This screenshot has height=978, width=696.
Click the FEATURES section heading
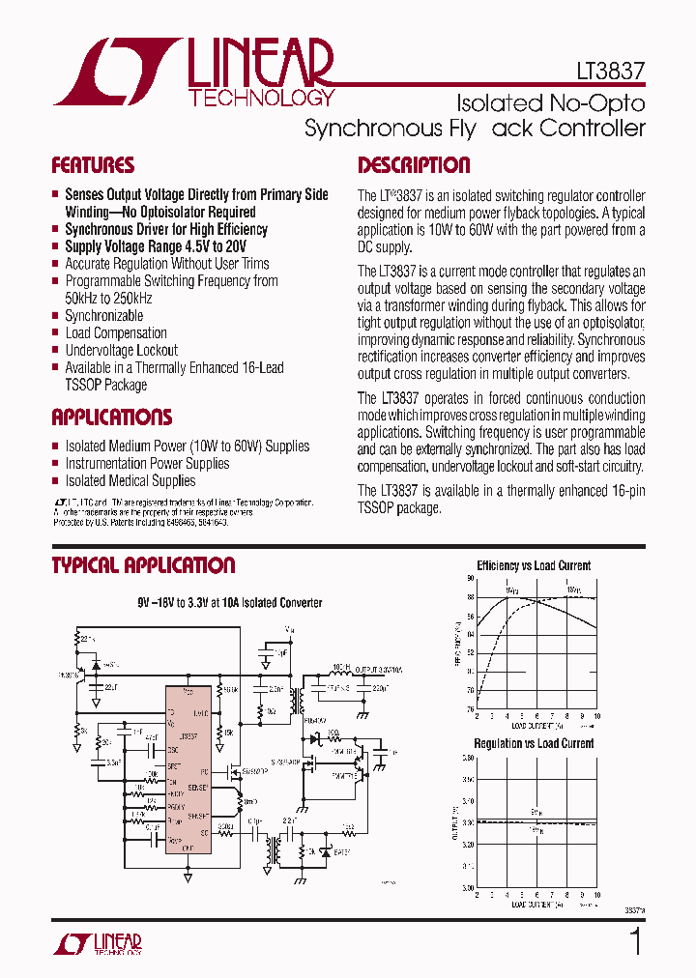(93, 165)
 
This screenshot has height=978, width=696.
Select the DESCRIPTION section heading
(414, 165)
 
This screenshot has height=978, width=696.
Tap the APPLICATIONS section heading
(112, 417)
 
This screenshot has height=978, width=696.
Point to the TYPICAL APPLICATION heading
(143, 565)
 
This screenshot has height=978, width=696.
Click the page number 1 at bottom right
(635, 941)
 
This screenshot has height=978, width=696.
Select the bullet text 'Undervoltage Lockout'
(121, 350)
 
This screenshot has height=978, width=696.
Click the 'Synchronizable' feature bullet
(103, 315)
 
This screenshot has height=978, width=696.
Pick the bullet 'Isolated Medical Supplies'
(130, 480)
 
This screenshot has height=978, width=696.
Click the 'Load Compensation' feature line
(116, 332)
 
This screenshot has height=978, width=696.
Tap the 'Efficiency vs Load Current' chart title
(534, 565)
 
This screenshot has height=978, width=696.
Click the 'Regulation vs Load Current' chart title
(534, 743)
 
